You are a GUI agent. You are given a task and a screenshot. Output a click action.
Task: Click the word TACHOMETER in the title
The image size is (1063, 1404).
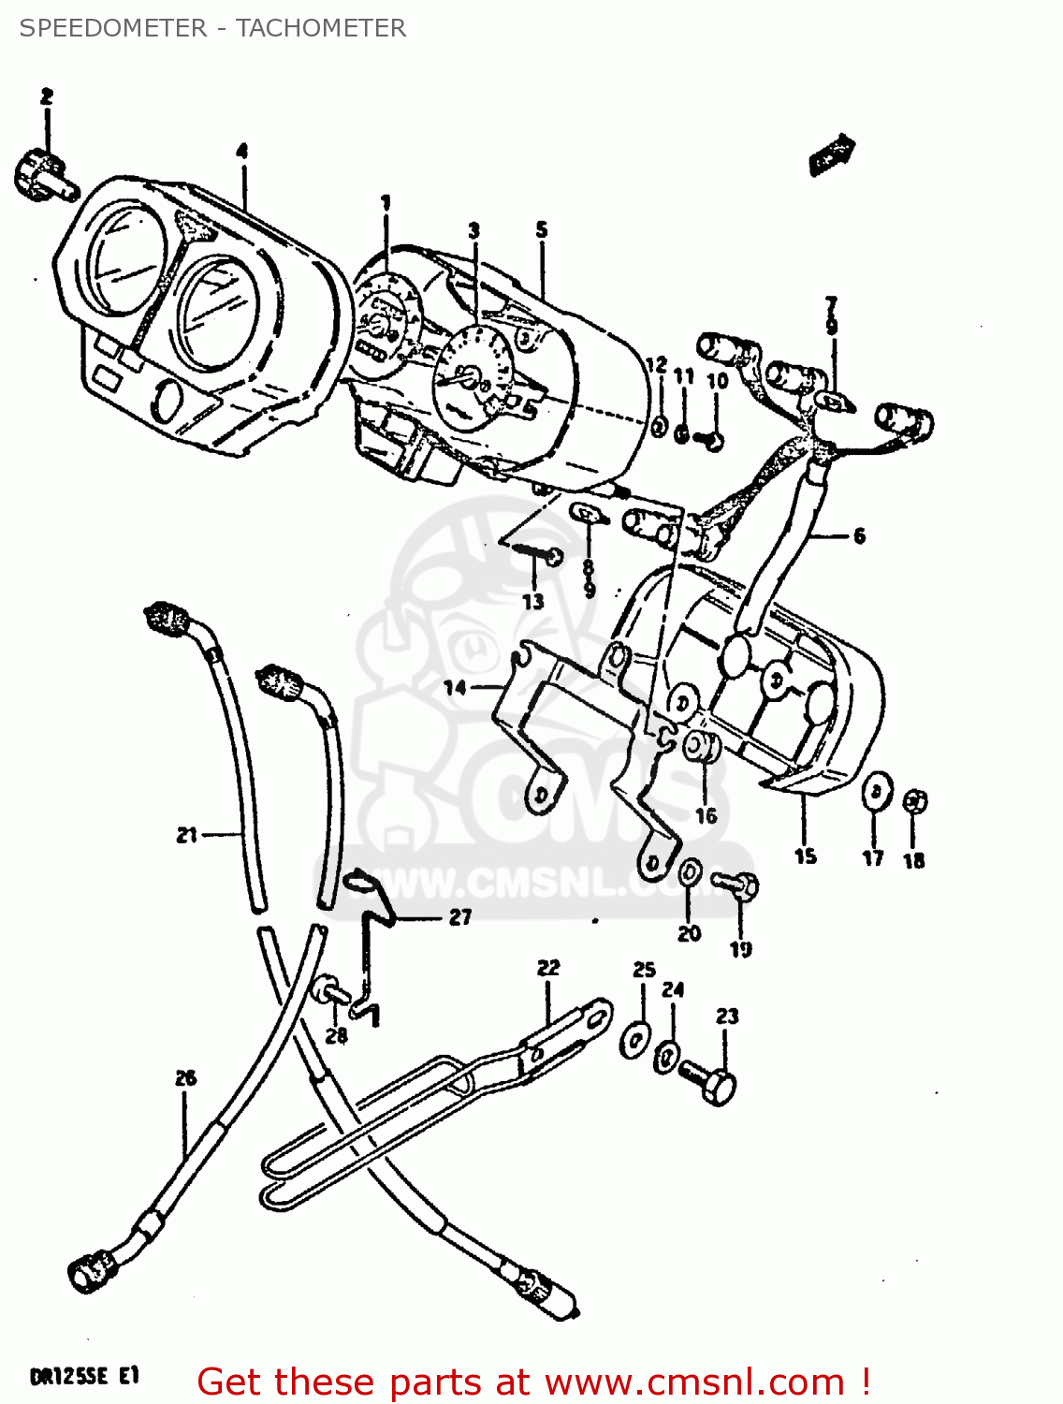pyautogui.click(x=320, y=28)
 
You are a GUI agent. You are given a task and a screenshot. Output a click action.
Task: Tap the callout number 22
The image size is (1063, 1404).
pyautogui.click(x=548, y=968)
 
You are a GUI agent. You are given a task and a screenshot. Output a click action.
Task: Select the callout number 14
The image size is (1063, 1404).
pyautogui.click(x=455, y=688)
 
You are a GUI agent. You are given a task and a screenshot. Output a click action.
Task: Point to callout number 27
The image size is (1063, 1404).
pyautogui.click(x=460, y=917)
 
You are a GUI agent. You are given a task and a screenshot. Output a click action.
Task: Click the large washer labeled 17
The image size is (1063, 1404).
pyautogui.click(x=876, y=791)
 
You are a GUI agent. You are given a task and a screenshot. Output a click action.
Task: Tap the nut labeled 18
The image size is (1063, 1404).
pyautogui.click(x=915, y=801)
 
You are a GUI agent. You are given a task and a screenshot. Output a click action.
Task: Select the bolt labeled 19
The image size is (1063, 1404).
pyautogui.click(x=737, y=884)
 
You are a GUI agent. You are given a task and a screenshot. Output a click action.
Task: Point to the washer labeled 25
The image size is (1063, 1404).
pyautogui.click(x=635, y=1038)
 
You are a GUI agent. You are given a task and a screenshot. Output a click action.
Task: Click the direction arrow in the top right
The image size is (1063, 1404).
pyautogui.click(x=832, y=154)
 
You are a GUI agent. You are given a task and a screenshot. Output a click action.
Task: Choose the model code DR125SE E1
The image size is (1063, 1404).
pyautogui.click(x=84, y=1376)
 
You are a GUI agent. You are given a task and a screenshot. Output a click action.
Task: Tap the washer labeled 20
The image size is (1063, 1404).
pyautogui.click(x=689, y=872)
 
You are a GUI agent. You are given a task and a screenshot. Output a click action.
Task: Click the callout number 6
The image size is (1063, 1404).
pyautogui.click(x=858, y=536)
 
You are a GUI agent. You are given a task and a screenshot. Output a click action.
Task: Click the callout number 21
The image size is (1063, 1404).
pyautogui.click(x=187, y=834)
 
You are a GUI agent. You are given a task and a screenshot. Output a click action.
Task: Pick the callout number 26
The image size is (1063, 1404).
pyautogui.click(x=185, y=1078)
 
